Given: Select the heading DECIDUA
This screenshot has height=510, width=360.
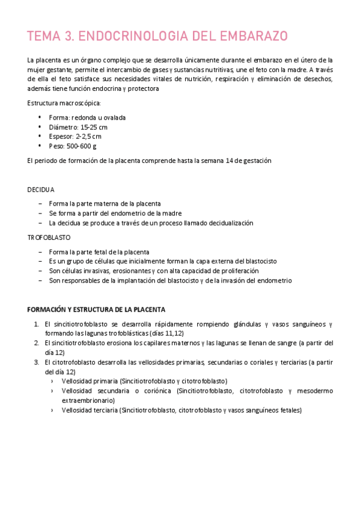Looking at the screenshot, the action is point(41,189).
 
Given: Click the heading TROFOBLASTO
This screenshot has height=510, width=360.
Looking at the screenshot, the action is point(47,238).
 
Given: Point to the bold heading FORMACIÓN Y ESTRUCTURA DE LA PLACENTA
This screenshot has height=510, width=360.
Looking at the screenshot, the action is point(96,309).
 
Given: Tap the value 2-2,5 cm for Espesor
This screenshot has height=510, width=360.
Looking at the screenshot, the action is point(89,137).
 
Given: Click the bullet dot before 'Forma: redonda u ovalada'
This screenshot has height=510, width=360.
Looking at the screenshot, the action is point(40,117).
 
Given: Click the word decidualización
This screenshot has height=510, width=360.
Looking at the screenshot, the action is point(227,223).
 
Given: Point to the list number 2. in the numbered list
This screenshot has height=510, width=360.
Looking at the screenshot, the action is point(37,343).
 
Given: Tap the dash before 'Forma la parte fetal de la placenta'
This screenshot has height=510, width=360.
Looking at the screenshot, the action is point(40,252).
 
